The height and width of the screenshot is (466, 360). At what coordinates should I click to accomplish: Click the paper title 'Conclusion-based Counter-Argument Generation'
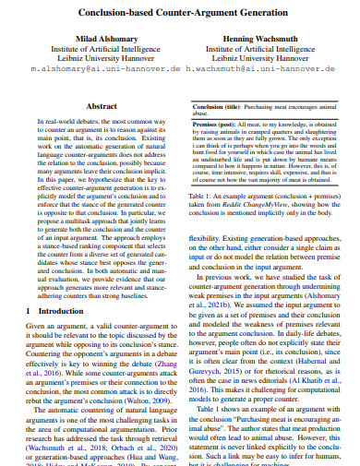coord(179,16)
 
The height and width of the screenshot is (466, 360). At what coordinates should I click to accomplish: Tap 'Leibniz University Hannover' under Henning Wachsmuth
coord(266,56)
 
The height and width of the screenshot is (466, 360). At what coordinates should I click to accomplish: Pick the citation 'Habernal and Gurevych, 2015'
coord(277,359)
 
